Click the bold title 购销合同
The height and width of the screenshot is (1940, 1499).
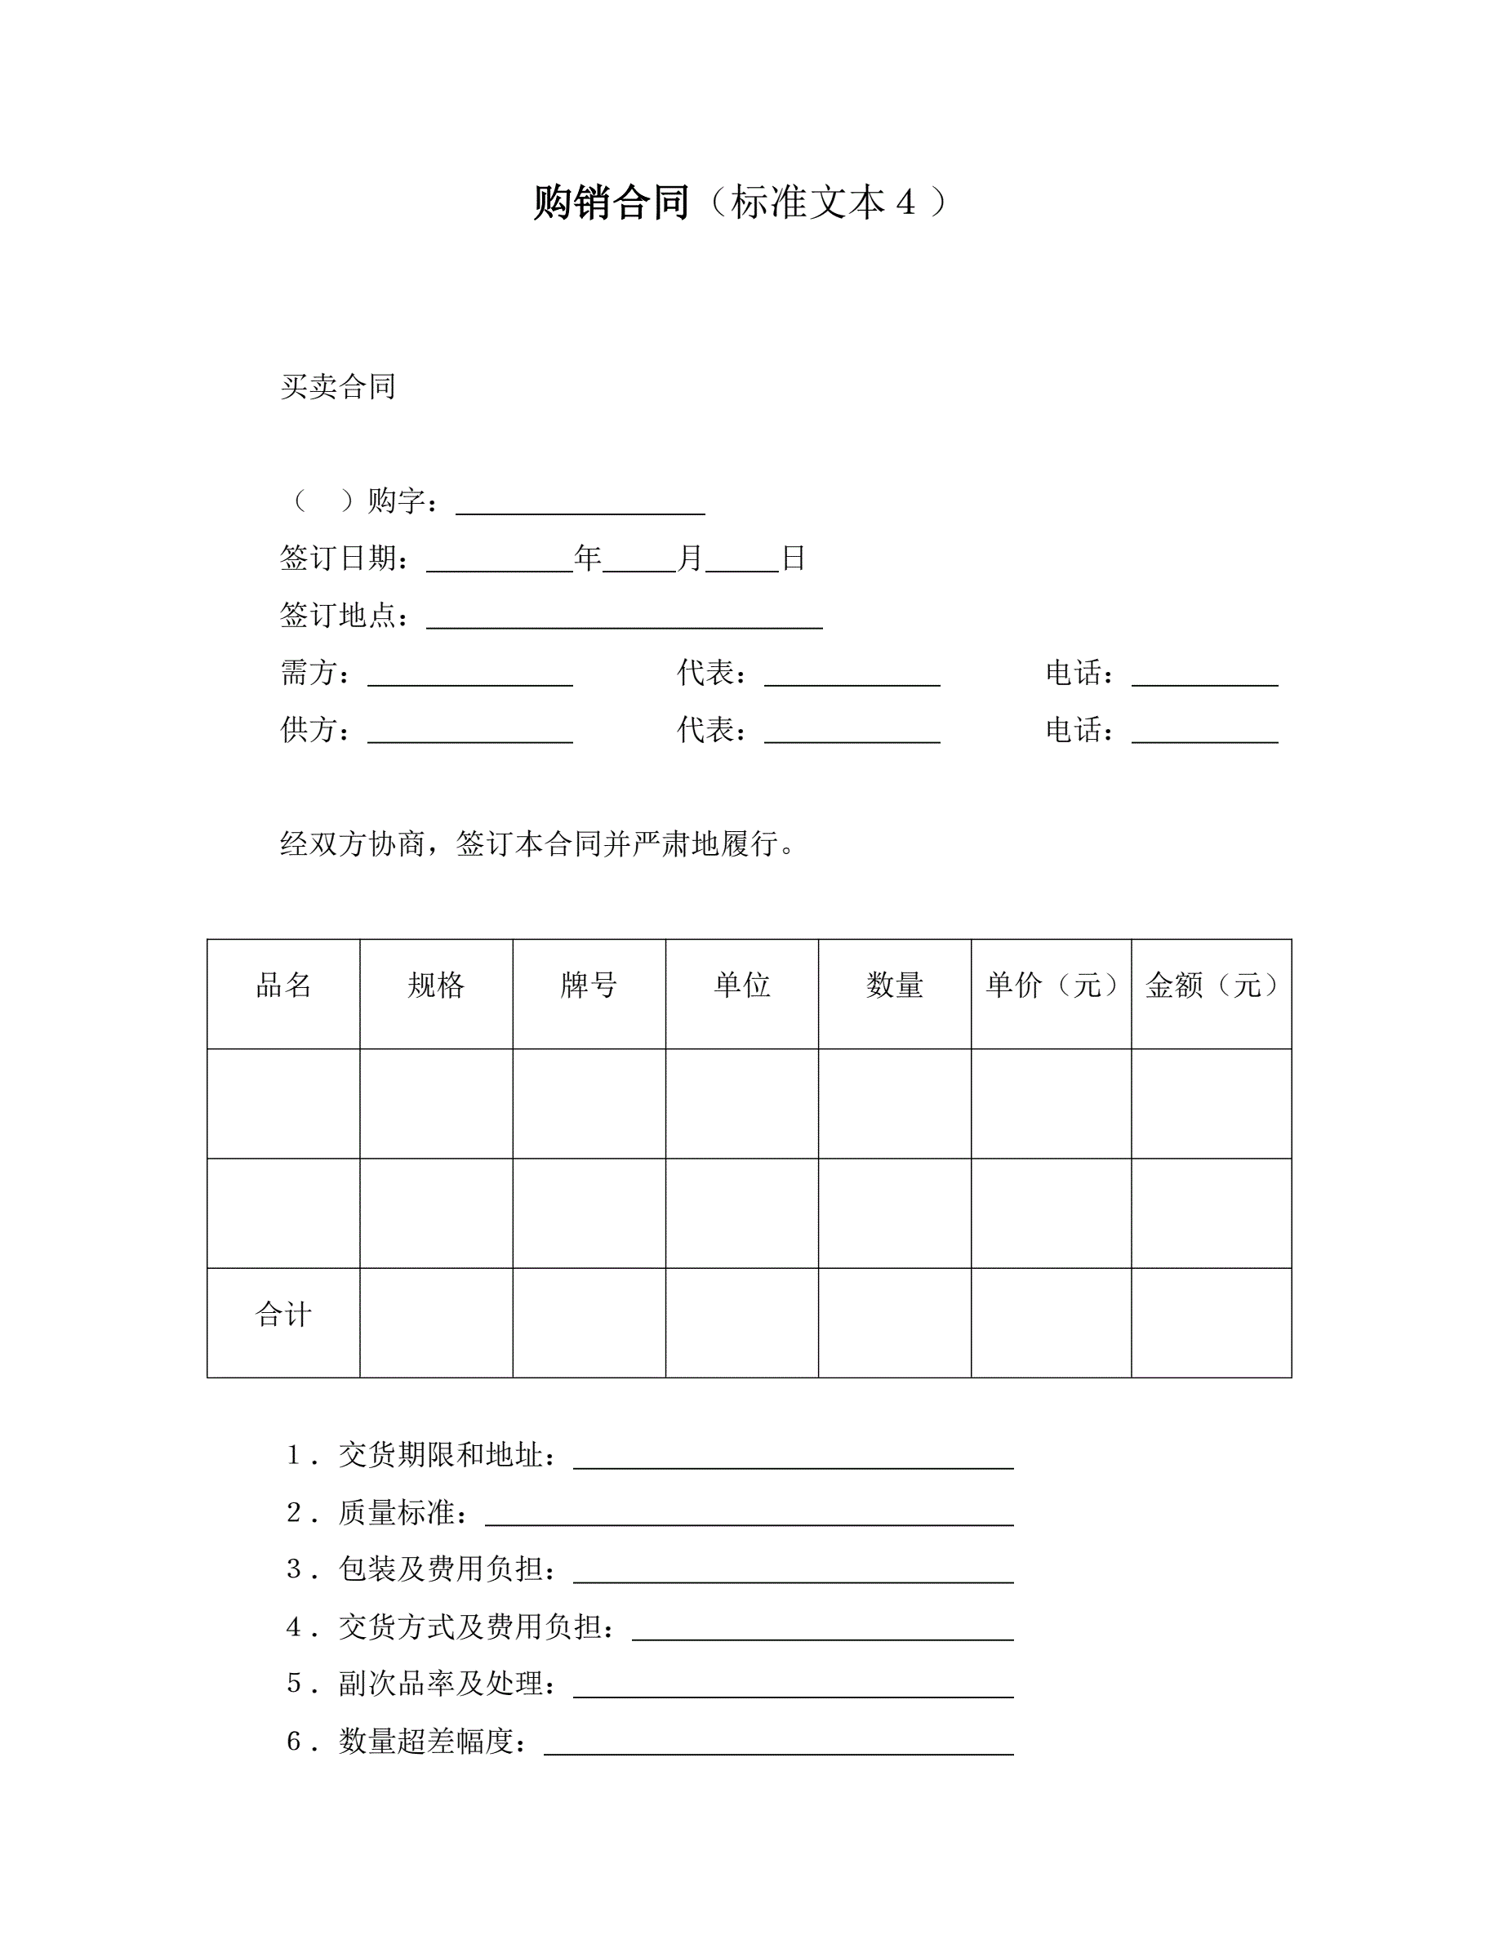tap(611, 202)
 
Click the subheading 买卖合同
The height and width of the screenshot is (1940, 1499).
tap(337, 386)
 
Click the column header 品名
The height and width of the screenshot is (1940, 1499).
tap(283, 985)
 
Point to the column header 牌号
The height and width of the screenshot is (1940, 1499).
tap(589, 985)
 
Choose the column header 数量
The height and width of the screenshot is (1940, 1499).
tap(894, 985)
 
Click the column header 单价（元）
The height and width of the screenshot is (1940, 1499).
tap(1051, 985)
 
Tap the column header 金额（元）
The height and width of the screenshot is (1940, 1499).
tap(1211, 985)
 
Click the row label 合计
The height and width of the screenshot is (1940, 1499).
tap(283, 1315)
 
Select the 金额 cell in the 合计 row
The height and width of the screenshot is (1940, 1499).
tap(1211, 1323)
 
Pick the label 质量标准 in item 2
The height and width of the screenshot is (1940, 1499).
tap(396, 1513)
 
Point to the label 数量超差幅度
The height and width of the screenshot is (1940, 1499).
tap(425, 1741)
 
